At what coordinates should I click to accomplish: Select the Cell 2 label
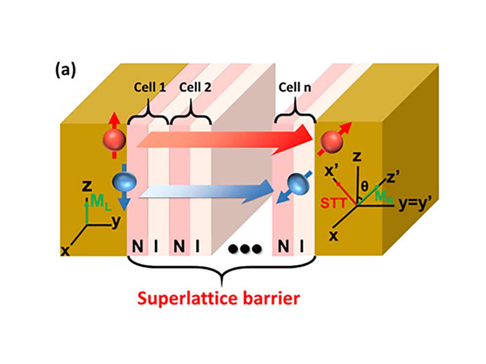pos(195,88)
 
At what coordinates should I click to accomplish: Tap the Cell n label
pos(295,88)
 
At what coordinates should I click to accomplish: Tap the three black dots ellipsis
pos(245,248)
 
